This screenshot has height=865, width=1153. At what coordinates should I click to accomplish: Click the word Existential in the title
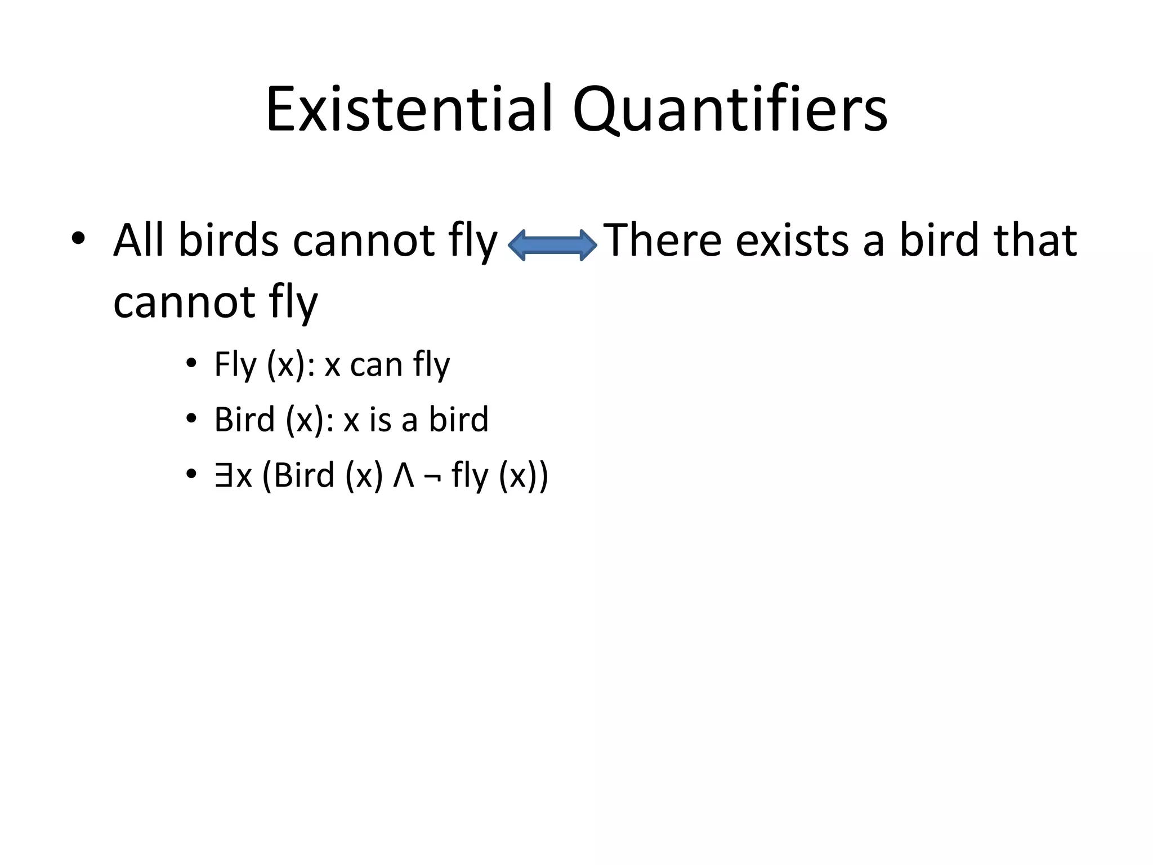click(410, 109)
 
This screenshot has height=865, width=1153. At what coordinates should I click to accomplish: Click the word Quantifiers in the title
click(730, 109)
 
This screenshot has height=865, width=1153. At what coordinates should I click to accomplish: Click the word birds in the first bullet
click(229, 240)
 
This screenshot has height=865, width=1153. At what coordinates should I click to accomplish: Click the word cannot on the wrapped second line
click(185, 302)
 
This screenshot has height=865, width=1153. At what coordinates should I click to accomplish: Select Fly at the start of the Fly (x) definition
click(235, 365)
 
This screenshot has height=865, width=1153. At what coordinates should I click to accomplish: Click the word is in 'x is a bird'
click(380, 420)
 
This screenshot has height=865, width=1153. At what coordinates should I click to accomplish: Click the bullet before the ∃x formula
click(191, 475)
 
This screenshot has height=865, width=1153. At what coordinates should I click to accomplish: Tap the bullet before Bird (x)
click(191, 419)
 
